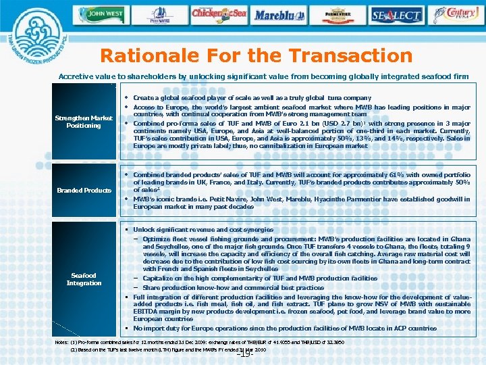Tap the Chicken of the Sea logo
[x=219, y=13]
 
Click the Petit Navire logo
[x=160, y=13]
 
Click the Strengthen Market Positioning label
[x=84, y=122]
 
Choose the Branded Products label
[x=84, y=191]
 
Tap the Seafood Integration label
[x=84, y=279]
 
